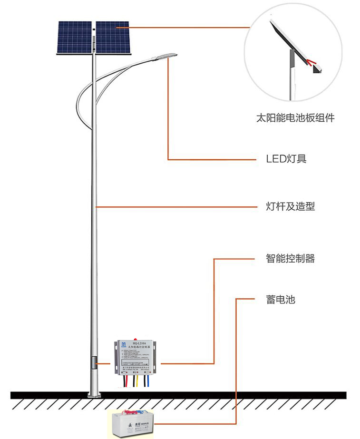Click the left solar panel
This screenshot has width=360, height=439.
pos(74,38)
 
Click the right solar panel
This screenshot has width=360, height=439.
pos(113,38)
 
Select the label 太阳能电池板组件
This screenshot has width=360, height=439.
pos(295,117)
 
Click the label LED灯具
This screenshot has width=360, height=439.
pos(286,159)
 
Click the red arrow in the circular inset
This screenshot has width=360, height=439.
pos(310,62)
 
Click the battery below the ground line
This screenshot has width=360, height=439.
pos(134,424)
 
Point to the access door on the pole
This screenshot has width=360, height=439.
pos(94,364)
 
